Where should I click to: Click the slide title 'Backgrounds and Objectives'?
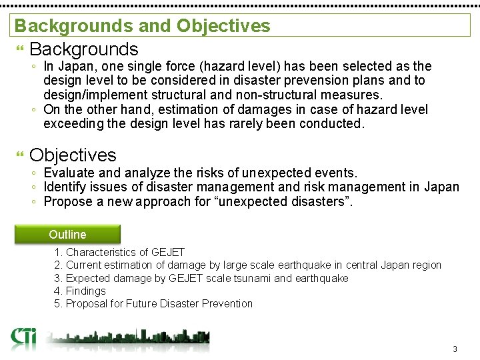(142, 26)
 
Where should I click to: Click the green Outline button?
(68, 235)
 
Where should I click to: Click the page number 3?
(455, 349)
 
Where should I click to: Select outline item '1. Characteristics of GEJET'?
(119, 252)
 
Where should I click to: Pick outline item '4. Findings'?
(80, 291)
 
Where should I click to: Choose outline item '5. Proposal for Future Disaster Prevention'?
(153, 303)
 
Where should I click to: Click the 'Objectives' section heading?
(73, 155)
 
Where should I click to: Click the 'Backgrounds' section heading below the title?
(84, 49)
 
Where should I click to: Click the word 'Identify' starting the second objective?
(66, 187)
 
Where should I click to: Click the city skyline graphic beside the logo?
(127, 338)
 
